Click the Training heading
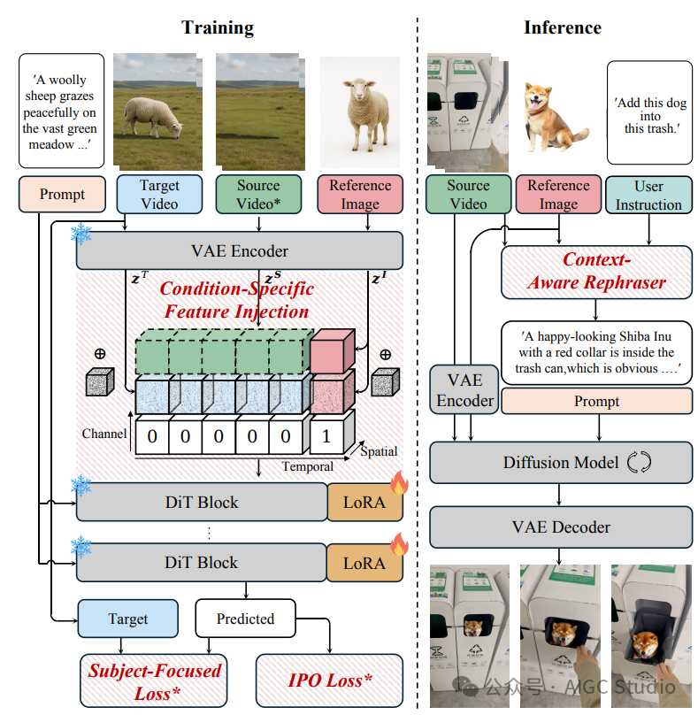218,27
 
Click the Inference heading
562,27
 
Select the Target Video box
159,195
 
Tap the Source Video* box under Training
258,195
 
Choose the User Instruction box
648,195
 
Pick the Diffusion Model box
561,462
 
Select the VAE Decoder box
561,527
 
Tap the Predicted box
245,619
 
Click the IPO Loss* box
329,680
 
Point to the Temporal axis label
307,466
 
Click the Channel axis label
104,434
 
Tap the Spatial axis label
379,451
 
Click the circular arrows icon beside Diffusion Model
638,462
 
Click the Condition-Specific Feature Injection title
236,300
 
